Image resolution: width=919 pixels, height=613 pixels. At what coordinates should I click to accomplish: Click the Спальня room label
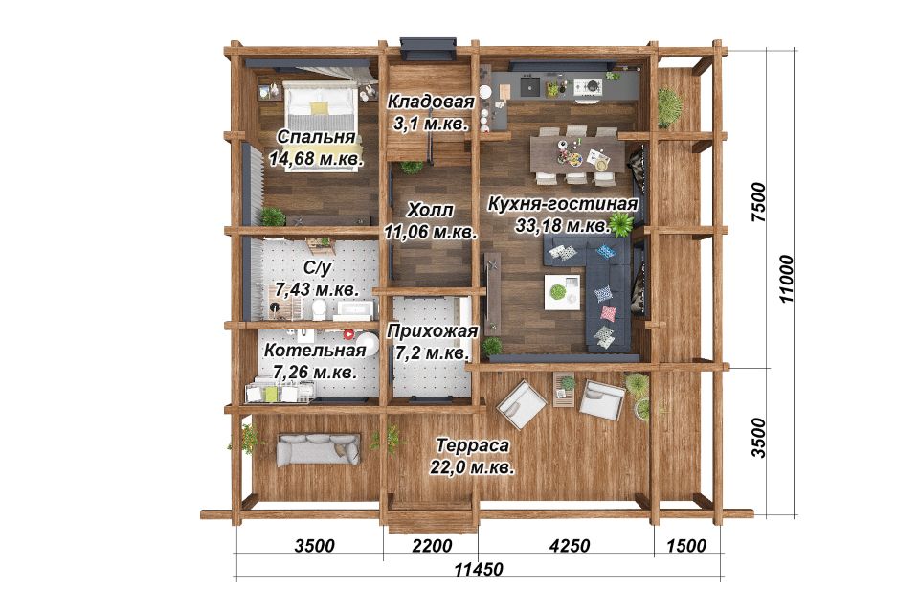click(316, 137)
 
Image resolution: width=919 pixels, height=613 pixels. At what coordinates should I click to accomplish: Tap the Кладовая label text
click(431, 102)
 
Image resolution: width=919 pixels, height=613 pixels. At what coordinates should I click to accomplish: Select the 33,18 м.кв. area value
click(562, 226)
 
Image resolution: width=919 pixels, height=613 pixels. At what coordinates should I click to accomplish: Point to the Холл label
click(431, 210)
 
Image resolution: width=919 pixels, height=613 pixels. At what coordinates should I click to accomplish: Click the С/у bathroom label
click(317, 268)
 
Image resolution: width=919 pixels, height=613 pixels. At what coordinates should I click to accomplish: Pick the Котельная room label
click(315, 351)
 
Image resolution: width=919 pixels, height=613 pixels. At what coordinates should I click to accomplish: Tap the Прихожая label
click(433, 331)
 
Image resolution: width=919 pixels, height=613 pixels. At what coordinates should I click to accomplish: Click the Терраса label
click(472, 445)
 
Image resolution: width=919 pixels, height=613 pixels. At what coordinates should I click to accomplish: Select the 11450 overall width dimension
click(479, 569)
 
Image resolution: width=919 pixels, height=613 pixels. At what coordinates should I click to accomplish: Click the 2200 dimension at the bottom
click(432, 546)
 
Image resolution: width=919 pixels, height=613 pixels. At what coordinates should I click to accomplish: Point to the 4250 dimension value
click(569, 546)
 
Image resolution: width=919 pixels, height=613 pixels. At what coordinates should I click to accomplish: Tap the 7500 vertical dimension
click(758, 201)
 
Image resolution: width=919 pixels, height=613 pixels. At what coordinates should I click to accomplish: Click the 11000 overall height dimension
click(786, 279)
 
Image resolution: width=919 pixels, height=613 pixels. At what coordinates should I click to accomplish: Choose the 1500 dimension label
click(686, 546)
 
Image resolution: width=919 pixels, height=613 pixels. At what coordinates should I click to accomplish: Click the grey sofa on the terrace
click(319, 449)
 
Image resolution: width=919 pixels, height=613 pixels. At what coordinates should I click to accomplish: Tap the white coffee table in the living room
click(563, 292)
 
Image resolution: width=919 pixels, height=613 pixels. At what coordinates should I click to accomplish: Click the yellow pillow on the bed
click(320, 108)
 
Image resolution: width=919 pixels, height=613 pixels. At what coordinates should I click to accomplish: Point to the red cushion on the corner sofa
click(609, 312)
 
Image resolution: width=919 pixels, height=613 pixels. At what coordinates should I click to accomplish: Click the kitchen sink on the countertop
click(531, 87)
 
